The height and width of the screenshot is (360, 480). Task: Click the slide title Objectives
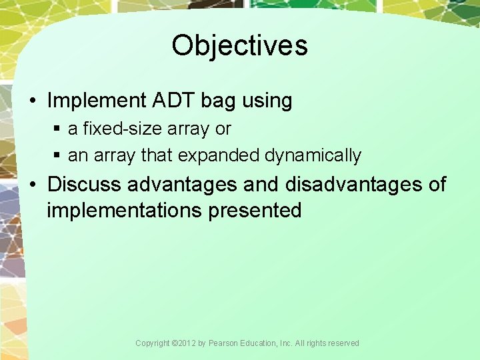239,46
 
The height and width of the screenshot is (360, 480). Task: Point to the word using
267,101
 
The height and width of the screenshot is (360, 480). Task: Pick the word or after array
223,129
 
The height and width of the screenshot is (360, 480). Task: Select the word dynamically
313,156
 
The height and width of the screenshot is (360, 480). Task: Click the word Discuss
84,184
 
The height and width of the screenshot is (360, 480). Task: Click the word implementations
125,211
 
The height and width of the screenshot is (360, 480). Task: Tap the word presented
255,211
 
